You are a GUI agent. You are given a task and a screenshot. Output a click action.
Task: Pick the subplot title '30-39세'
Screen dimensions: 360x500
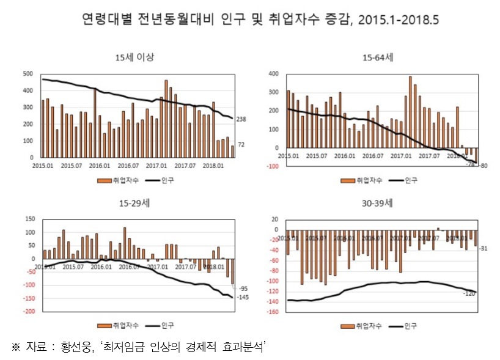(378, 203)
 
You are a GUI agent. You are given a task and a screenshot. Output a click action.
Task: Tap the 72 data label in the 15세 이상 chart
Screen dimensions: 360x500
(241, 144)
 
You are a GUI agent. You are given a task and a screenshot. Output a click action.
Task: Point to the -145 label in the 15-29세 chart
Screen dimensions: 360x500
(243, 298)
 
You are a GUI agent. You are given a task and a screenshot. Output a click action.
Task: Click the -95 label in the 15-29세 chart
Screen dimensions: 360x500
(243, 288)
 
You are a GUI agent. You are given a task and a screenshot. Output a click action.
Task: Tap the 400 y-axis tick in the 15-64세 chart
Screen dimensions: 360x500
(273, 74)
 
